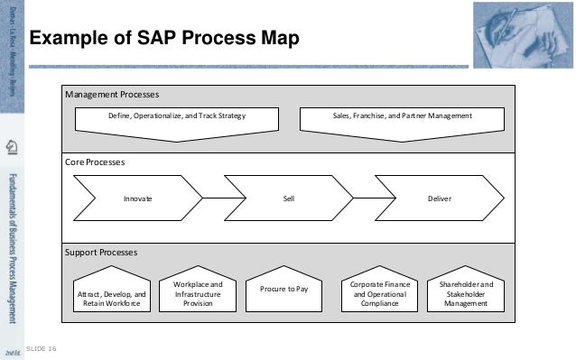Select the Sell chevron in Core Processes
(288, 198)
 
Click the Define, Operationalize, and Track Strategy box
(176, 117)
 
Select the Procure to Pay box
(284, 290)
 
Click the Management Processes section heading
(112, 95)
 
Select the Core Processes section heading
(95, 162)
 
